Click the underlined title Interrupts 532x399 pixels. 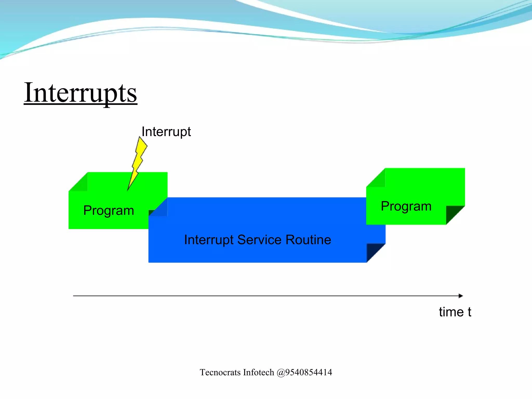point(81,93)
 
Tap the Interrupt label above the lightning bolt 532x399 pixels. point(166,132)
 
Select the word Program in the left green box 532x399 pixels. point(109,210)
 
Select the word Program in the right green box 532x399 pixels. point(406,206)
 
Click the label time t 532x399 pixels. point(455,312)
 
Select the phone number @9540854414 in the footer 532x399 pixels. point(304,372)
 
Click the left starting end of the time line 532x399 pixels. point(74,296)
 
